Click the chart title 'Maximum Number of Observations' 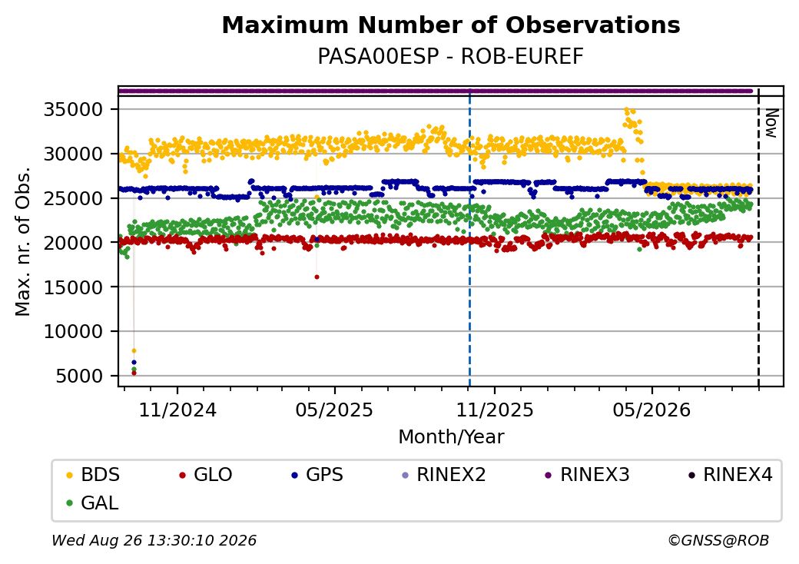click(451, 25)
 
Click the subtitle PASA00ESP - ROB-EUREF click(450, 57)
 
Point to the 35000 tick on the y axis click(74, 110)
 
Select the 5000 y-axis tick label click(78, 376)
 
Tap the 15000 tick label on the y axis click(74, 287)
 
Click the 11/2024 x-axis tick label click(177, 410)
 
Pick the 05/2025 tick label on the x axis click(334, 410)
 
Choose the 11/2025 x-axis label click(494, 410)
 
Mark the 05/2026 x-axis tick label click(651, 410)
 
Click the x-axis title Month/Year click(451, 437)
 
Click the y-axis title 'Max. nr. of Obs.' click(23, 241)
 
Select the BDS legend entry click(93, 475)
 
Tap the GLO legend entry click(206, 475)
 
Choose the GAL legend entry click(92, 503)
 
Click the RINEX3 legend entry click(587, 475)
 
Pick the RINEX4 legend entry click(730, 475)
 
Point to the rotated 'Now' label click(771, 123)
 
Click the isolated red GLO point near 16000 click(317, 277)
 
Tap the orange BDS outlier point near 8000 click(134, 350)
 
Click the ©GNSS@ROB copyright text click(718, 540)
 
